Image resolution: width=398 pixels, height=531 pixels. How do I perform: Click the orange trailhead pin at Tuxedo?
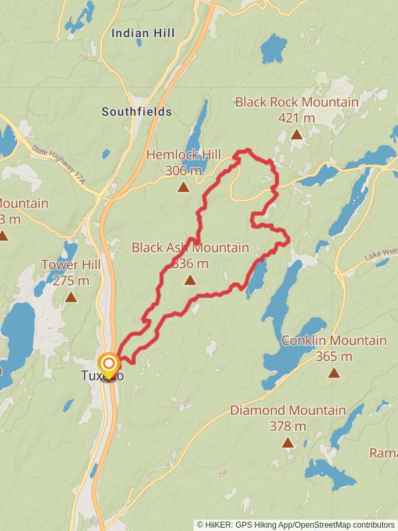point(109,365)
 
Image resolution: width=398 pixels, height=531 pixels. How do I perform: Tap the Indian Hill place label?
point(143,33)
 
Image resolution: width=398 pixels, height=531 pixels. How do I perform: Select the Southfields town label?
point(137,112)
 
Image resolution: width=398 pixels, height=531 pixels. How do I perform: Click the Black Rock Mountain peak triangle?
point(297,135)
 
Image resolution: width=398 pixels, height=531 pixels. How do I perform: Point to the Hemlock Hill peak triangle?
point(183,187)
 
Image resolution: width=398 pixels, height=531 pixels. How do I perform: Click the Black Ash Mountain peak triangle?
point(190,280)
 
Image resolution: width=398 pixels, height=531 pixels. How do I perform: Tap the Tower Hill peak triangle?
point(71,297)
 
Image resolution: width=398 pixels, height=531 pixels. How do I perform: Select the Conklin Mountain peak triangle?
point(334,372)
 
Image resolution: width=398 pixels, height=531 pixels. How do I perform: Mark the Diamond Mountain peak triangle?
point(287,442)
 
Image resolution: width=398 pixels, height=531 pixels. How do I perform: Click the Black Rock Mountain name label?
point(297,102)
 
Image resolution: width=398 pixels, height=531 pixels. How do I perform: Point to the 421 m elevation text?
point(297,118)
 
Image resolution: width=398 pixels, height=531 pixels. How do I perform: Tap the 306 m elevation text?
point(183,171)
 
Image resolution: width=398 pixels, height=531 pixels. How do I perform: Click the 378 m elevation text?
point(287,426)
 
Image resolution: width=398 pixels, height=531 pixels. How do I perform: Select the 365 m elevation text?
point(334,356)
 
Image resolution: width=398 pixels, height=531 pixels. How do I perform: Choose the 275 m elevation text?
point(71,281)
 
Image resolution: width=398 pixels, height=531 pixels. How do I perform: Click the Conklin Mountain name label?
point(334,341)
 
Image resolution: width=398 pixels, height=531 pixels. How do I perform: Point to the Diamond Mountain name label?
point(287,410)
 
